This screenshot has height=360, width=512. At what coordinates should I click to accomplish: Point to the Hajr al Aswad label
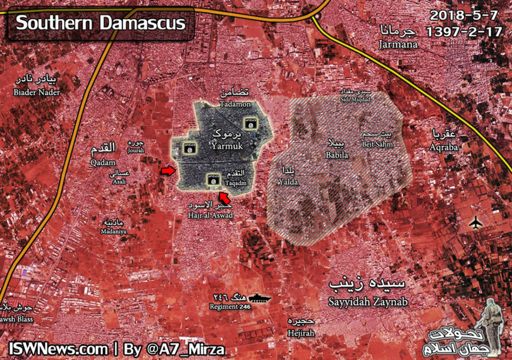click(210, 215)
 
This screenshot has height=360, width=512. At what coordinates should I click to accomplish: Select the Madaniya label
click(111, 231)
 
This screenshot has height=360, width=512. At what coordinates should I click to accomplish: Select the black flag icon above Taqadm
click(214, 181)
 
